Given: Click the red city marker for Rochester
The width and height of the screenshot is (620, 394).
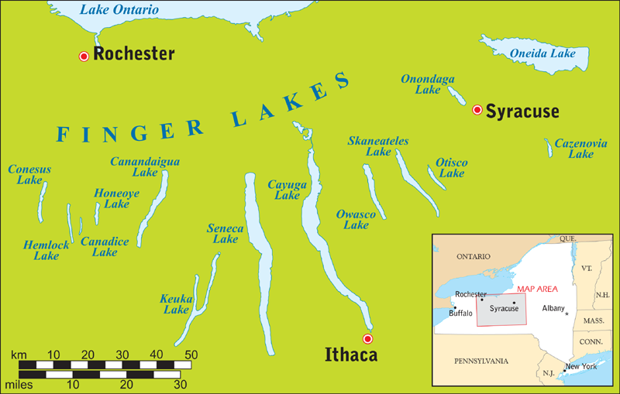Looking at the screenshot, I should point(84,56).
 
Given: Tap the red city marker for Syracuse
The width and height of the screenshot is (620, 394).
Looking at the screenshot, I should point(477,111).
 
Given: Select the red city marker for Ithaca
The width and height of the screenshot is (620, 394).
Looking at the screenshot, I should point(368,339).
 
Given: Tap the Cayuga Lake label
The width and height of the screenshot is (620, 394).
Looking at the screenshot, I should point(283,190).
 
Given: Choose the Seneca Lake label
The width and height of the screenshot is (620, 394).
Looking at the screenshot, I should point(225,234).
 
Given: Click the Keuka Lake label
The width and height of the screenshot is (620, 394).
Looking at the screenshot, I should point(175,304).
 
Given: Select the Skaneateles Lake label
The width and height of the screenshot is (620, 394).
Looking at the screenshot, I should point(378,146).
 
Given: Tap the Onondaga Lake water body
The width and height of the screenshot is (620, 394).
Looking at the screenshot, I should point(456,96).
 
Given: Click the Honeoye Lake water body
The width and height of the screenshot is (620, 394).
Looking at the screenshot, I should point(97,212).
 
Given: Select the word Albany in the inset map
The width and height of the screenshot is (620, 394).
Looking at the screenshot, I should point(553,308).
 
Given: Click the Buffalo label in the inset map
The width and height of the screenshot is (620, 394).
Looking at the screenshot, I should point(461,313).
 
